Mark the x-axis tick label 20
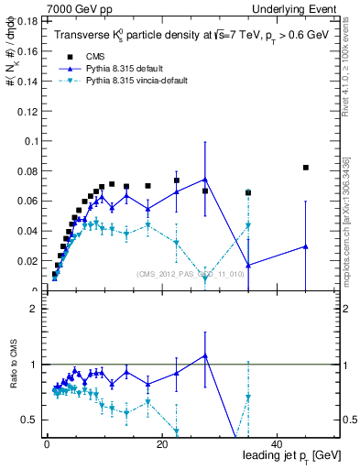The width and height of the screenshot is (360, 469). [161, 444]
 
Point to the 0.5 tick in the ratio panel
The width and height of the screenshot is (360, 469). [29, 420]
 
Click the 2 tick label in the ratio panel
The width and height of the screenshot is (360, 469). [33, 309]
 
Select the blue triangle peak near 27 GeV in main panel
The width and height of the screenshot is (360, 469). [205, 180]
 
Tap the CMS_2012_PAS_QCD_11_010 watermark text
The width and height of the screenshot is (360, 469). [191, 274]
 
